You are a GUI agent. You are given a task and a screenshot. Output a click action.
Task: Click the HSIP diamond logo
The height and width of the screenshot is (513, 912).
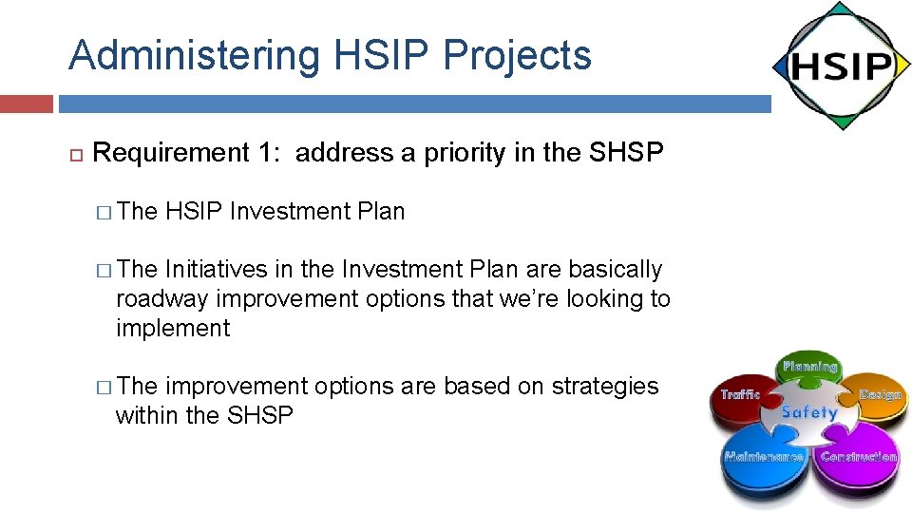point(841,66)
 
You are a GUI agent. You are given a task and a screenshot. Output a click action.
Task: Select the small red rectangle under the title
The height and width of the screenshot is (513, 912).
point(26,104)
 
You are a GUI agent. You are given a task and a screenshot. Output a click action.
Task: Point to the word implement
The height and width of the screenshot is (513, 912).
point(173,329)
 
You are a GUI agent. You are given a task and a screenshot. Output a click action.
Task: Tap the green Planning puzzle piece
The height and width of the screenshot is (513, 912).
point(809,370)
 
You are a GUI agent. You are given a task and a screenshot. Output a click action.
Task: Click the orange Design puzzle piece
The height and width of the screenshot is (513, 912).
point(877,397)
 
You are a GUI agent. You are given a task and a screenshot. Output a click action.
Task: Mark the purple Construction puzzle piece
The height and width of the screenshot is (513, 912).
point(857,460)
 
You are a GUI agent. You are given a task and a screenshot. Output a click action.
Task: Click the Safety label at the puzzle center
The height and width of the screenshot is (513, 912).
point(809,413)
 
